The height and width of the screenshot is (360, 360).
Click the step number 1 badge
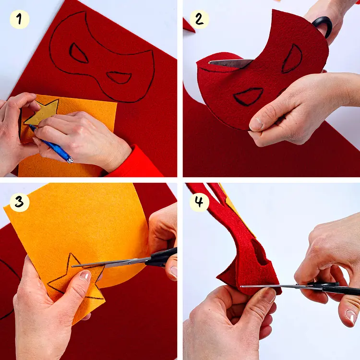point(20,19)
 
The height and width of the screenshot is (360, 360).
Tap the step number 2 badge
point(199,19)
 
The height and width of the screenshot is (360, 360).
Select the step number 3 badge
point(20,202)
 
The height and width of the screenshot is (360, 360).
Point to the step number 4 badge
point(199,202)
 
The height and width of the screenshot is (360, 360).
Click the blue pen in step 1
point(52,144)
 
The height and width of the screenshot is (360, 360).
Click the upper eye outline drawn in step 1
point(79,53)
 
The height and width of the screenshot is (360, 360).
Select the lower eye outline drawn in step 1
point(119,77)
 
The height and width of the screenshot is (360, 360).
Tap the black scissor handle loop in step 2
point(323,26)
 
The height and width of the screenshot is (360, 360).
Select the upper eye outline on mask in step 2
point(292,59)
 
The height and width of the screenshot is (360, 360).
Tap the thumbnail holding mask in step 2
point(256,123)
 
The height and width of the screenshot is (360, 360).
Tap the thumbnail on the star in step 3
point(85,276)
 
